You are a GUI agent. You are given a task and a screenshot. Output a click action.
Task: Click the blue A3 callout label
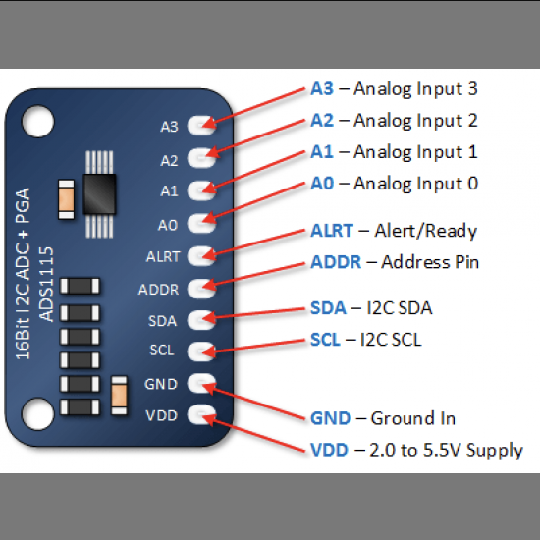click(x=322, y=88)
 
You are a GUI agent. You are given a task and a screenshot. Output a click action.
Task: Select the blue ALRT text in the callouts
click(x=332, y=231)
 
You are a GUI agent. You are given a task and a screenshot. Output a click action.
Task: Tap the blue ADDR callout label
click(x=336, y=262)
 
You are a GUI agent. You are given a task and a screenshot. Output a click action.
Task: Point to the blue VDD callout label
click(x=329, y=450)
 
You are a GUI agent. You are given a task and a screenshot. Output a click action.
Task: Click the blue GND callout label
click(x=330, y=418)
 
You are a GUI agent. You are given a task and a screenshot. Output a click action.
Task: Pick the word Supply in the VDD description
click(x=495, y=451)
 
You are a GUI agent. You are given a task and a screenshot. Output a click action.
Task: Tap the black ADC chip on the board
click(x=99, y=193)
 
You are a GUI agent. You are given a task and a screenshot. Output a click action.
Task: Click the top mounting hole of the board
click(x=38, y=122)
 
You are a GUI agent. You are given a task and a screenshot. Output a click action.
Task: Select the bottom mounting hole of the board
click(x=38, y=414)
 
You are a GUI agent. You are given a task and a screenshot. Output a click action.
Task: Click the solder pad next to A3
click(x=201, y=125)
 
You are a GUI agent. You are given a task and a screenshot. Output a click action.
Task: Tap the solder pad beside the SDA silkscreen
click(x=201, y=320)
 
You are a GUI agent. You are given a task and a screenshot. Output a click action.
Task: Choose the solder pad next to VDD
click(x=201, y=414)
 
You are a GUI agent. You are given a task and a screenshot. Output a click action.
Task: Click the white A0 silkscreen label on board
click(x=168, y=225)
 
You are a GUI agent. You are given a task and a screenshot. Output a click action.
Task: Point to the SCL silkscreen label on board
click(x=162, y=351)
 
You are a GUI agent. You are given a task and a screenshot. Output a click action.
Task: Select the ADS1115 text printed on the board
click(x=46, y=284)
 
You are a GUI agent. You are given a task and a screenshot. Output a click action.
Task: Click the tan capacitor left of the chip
click(x=66, y=199)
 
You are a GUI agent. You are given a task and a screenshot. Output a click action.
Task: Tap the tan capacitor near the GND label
click(x=119, y=395)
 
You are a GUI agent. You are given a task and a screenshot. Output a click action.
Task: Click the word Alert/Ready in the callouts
click(x=426, y=231)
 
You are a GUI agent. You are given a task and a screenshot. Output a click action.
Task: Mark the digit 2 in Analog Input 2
click(x=472, y=121)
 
